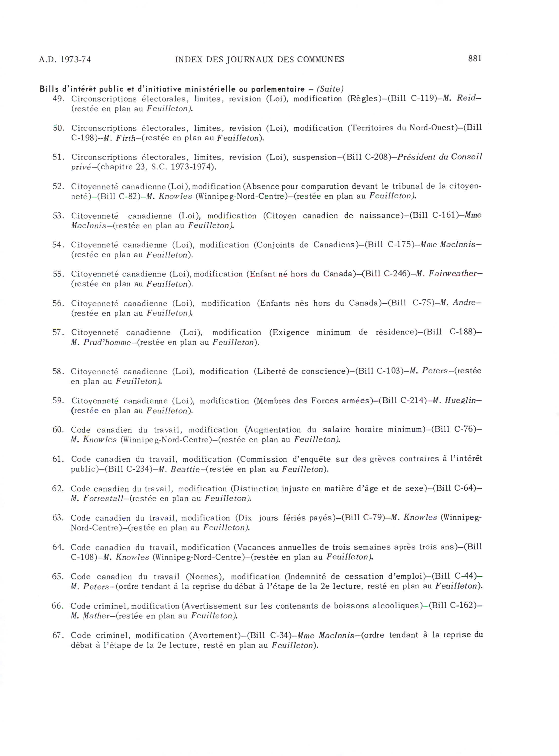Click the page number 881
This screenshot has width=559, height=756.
click(x=475, y=59)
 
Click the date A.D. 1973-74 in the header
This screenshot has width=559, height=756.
click(x=65, y=60)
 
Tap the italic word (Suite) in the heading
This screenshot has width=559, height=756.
click(x=330, y=89)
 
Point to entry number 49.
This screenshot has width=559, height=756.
click(x=58, y=99)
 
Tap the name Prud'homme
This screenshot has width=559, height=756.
click(x=107, y=343)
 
